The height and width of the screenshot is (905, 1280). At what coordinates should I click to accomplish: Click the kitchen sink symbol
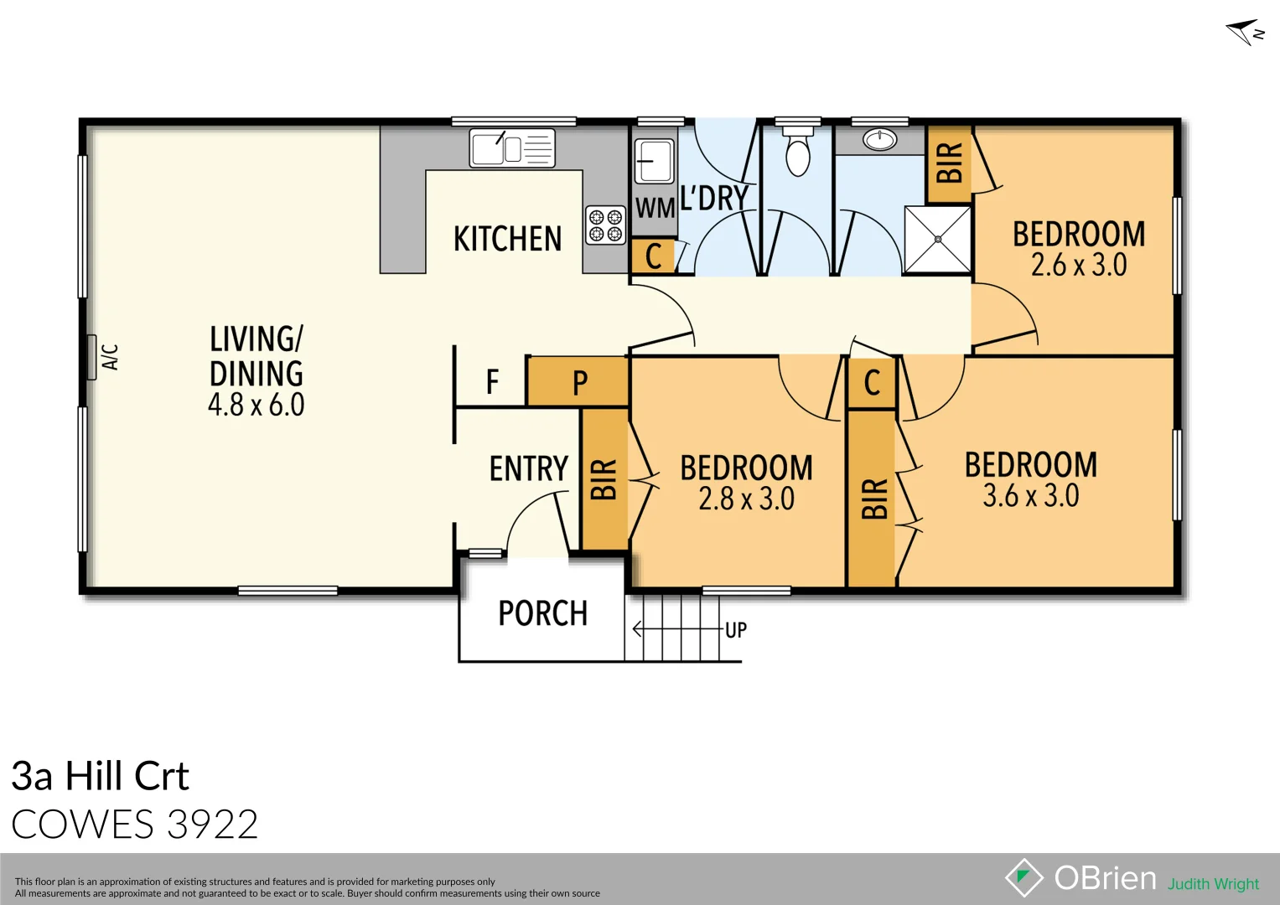[x=511, y=148]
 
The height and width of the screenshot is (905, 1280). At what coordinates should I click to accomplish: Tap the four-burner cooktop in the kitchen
[x=605, y=225]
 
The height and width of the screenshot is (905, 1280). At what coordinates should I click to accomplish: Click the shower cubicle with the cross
[x=937, y=240]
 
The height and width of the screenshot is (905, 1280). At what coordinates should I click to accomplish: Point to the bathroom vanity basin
[x=880, y=140]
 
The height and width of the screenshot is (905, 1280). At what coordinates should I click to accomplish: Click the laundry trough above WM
[x=653, y=161]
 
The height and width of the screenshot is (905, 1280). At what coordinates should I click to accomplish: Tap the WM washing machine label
[x=655, y=208]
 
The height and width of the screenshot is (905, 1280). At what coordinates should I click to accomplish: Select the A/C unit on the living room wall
[x=91, y=357]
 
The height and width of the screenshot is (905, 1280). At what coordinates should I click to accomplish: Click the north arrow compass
[x=1244, y=32]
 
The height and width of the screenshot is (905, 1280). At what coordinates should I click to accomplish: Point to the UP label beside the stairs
[x=735, y=630]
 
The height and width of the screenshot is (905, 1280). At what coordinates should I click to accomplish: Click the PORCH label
[x=542, y=613]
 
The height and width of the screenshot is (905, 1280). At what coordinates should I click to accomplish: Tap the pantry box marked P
[x=578, y=383]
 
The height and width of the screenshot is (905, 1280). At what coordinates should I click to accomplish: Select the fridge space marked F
[x=492, y=382]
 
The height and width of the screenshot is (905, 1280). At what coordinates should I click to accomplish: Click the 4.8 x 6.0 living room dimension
[x=256, y=405]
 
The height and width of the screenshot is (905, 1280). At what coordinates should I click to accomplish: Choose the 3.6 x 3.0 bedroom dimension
[x=1030, y=495]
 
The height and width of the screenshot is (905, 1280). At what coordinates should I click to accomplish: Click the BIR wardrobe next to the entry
[x=604, y=478]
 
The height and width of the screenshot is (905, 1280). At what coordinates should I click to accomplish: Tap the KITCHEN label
[x=507, y=240]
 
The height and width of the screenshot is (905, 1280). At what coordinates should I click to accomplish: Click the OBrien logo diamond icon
[x=1023, y=877]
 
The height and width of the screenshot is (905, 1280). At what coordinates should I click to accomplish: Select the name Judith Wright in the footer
[x=1213, y=884]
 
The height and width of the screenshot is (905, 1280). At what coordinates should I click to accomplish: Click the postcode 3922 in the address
[x=212, y=825]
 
